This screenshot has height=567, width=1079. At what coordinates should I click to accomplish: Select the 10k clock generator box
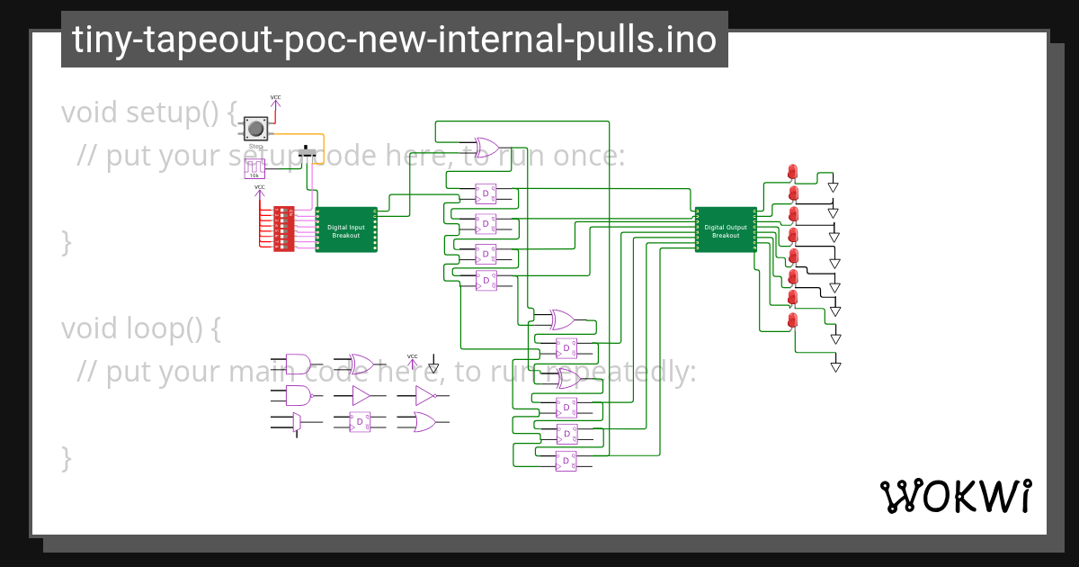coord(254,168)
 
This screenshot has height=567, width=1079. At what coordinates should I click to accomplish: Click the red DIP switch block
coord(283,229)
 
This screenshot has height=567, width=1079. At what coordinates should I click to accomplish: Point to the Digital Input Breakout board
coord(346,230)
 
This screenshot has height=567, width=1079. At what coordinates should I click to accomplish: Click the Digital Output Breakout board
coord(726,230)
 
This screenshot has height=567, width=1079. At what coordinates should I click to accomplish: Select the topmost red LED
coord(792,171)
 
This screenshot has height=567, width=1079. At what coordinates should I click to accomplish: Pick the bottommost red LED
coord(792,320)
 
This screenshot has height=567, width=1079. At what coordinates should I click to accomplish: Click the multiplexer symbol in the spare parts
coord(297,421)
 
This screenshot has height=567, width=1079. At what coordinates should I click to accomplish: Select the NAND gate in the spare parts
coord(299,394)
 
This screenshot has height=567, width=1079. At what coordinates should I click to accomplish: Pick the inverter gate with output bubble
coord(425,395)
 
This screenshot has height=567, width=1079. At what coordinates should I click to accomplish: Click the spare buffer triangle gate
coord(361,395)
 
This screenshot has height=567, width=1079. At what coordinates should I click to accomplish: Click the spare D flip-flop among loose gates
coord(360,421)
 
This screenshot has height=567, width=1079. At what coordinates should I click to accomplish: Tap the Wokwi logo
coord(954,497)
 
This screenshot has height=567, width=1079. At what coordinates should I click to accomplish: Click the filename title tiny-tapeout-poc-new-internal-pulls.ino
coord(394,40)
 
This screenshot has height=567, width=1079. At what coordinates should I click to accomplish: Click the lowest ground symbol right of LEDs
coord(835,365)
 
